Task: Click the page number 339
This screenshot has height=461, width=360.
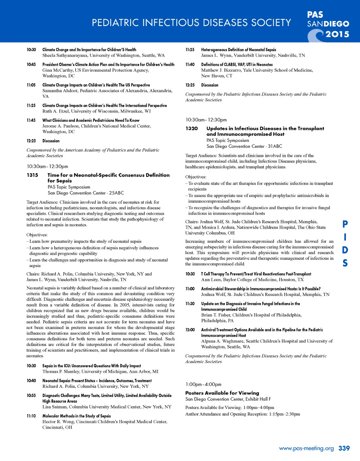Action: (x=344, y=448)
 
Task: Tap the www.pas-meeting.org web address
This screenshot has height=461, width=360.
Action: (x=306, y=448)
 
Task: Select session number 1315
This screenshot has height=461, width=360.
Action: (x=32, y=175)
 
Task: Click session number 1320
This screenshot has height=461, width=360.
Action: (x=192, y=128)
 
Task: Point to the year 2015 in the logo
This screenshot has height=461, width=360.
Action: (x=337, y=34)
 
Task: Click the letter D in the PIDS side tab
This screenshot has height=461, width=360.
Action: (x=345, y=250)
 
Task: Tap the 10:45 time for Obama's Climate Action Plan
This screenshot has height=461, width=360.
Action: (x=31, y=64)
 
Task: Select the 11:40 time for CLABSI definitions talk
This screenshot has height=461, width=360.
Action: (x=190, y=64)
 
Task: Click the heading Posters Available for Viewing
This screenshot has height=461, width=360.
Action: (x=222, y=393)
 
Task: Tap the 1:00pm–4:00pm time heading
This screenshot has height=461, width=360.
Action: (x=204, y=384)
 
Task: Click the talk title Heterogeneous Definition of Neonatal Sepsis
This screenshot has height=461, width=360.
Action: (x=238, y=50)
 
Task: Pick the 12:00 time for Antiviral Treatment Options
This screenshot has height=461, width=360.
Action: (x=190, y=330)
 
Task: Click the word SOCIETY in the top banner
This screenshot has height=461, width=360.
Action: (x=271, y=23)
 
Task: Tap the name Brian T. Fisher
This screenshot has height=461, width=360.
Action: (x=215, y=315)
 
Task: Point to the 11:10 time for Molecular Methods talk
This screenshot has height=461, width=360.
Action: (x=31, y=416)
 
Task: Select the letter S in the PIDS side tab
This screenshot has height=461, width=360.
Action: (x=345, y=263)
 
